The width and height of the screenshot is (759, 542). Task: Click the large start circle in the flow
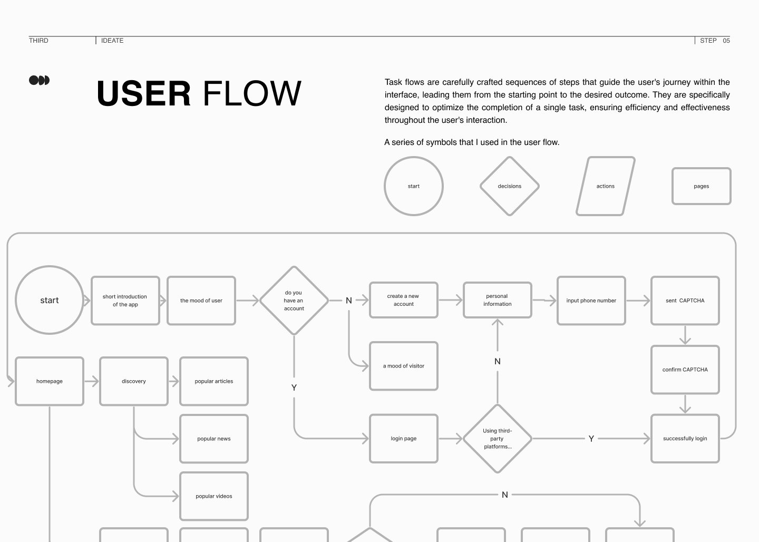pyautogui.click(x=49, y=300)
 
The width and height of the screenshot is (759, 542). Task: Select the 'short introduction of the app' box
pyautogui.click(x=125, y=301)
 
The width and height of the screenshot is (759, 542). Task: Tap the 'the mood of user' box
pyautogui.click(x=201, y=301)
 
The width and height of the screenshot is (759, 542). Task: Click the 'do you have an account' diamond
pyautogui.click(x=294, y=301)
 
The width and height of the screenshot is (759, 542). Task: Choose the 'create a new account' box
pyautogui.click(x=404, y=300)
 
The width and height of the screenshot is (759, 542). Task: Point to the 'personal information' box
pyautogui.click(x=498, y=300)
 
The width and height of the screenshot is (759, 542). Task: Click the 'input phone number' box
pyautogui.click(x=591, y=301)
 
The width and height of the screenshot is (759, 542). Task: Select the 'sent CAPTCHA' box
pyautogui.click(x=685, y=301)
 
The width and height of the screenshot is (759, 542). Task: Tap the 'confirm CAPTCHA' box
pyautogui.click(x=685, y=370)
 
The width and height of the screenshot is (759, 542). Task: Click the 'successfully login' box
pyautogui.click(x=685, y=439)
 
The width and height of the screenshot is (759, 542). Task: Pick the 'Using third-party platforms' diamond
pyautogui.click(x=498, y=439)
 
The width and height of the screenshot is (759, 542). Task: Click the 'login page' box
pyautogui.click(x=404, y=439)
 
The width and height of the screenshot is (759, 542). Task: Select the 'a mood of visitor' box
pyautogui.click(x=404, y=366)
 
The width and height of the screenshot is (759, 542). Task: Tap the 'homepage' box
pyautogui.click(x=50, y=381)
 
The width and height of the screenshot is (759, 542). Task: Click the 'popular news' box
pyautogui.click(x=214, y=439)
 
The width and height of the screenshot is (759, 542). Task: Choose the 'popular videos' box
pyautogui.click(x=214, y=496)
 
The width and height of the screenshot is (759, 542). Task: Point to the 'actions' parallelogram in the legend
pyautogui.click(x=606, y=186)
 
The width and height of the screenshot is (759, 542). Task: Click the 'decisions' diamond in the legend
pyautogui.click(x=510, y=186)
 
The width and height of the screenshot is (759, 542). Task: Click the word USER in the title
pyautogui.click(x=144, y=94)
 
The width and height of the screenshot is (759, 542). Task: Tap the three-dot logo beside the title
pyautogui.click(x=39, y=80)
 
